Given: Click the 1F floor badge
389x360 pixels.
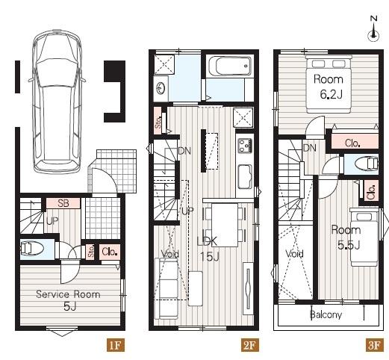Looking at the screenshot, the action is [x=116, y=345].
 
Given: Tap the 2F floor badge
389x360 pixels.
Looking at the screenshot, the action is [x=249, y=345].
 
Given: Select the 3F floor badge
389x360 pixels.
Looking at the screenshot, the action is [x=374, y=345].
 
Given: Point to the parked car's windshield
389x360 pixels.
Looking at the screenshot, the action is [x=57, y=73].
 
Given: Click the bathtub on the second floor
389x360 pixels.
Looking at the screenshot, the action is [x=230, y=66].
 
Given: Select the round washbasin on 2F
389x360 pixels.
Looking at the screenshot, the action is [x=161, y=88].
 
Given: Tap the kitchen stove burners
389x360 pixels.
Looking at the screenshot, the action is [x=245, y=146].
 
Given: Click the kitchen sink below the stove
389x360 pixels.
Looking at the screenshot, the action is [x=246, y=176].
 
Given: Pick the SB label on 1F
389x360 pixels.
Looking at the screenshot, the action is [x=63, y=203].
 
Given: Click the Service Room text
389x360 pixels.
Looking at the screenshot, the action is [x=68, y=294].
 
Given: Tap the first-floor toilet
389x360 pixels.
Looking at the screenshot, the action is [x=32, y=249].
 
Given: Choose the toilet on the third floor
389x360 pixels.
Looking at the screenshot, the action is [x=367, y=164].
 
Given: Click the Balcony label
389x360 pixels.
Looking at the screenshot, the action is [x=326, y=314].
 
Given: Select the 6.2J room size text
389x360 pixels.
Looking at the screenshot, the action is [x=331, y=95].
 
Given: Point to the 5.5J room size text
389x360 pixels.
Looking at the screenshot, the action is [x=349, y=246].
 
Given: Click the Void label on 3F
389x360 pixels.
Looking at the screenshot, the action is [x=294, y=254].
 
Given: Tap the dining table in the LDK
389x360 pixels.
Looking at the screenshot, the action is [x=225, y=225].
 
